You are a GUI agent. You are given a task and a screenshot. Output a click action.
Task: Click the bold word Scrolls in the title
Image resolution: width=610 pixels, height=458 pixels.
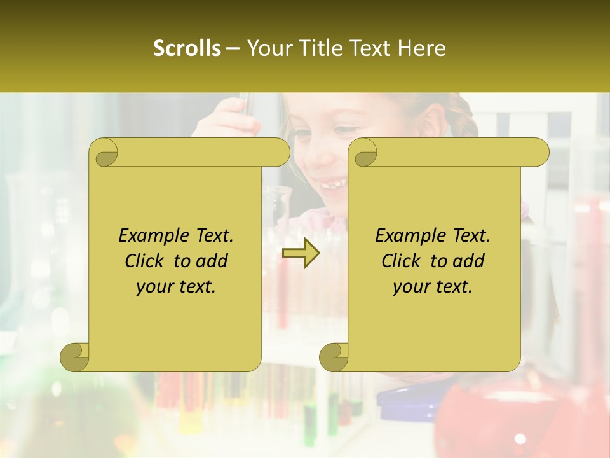tap(187, 48)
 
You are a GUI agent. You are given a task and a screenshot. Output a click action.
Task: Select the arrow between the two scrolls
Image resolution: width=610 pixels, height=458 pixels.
tap(301, 254)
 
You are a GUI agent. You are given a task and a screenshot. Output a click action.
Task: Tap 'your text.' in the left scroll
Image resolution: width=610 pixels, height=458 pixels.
tap(176, 287)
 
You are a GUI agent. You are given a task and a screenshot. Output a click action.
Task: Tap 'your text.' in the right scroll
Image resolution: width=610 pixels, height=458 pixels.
tap(433, 287)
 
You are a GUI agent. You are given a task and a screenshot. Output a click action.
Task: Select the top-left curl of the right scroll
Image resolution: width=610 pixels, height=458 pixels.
tap(363, 153)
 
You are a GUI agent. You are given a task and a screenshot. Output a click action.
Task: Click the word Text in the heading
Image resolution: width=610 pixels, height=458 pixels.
tap(369, 48)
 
